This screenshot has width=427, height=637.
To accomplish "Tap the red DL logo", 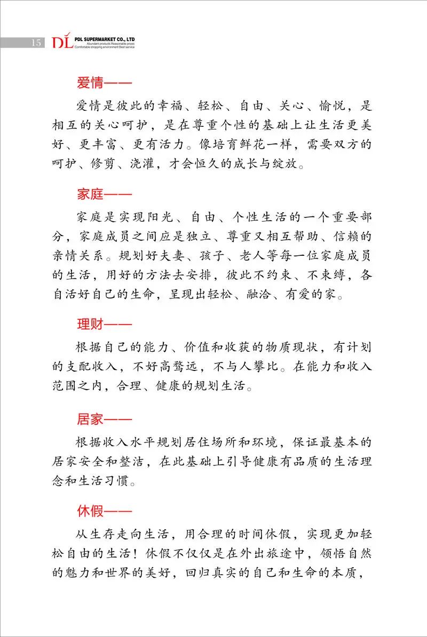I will [62, 43].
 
